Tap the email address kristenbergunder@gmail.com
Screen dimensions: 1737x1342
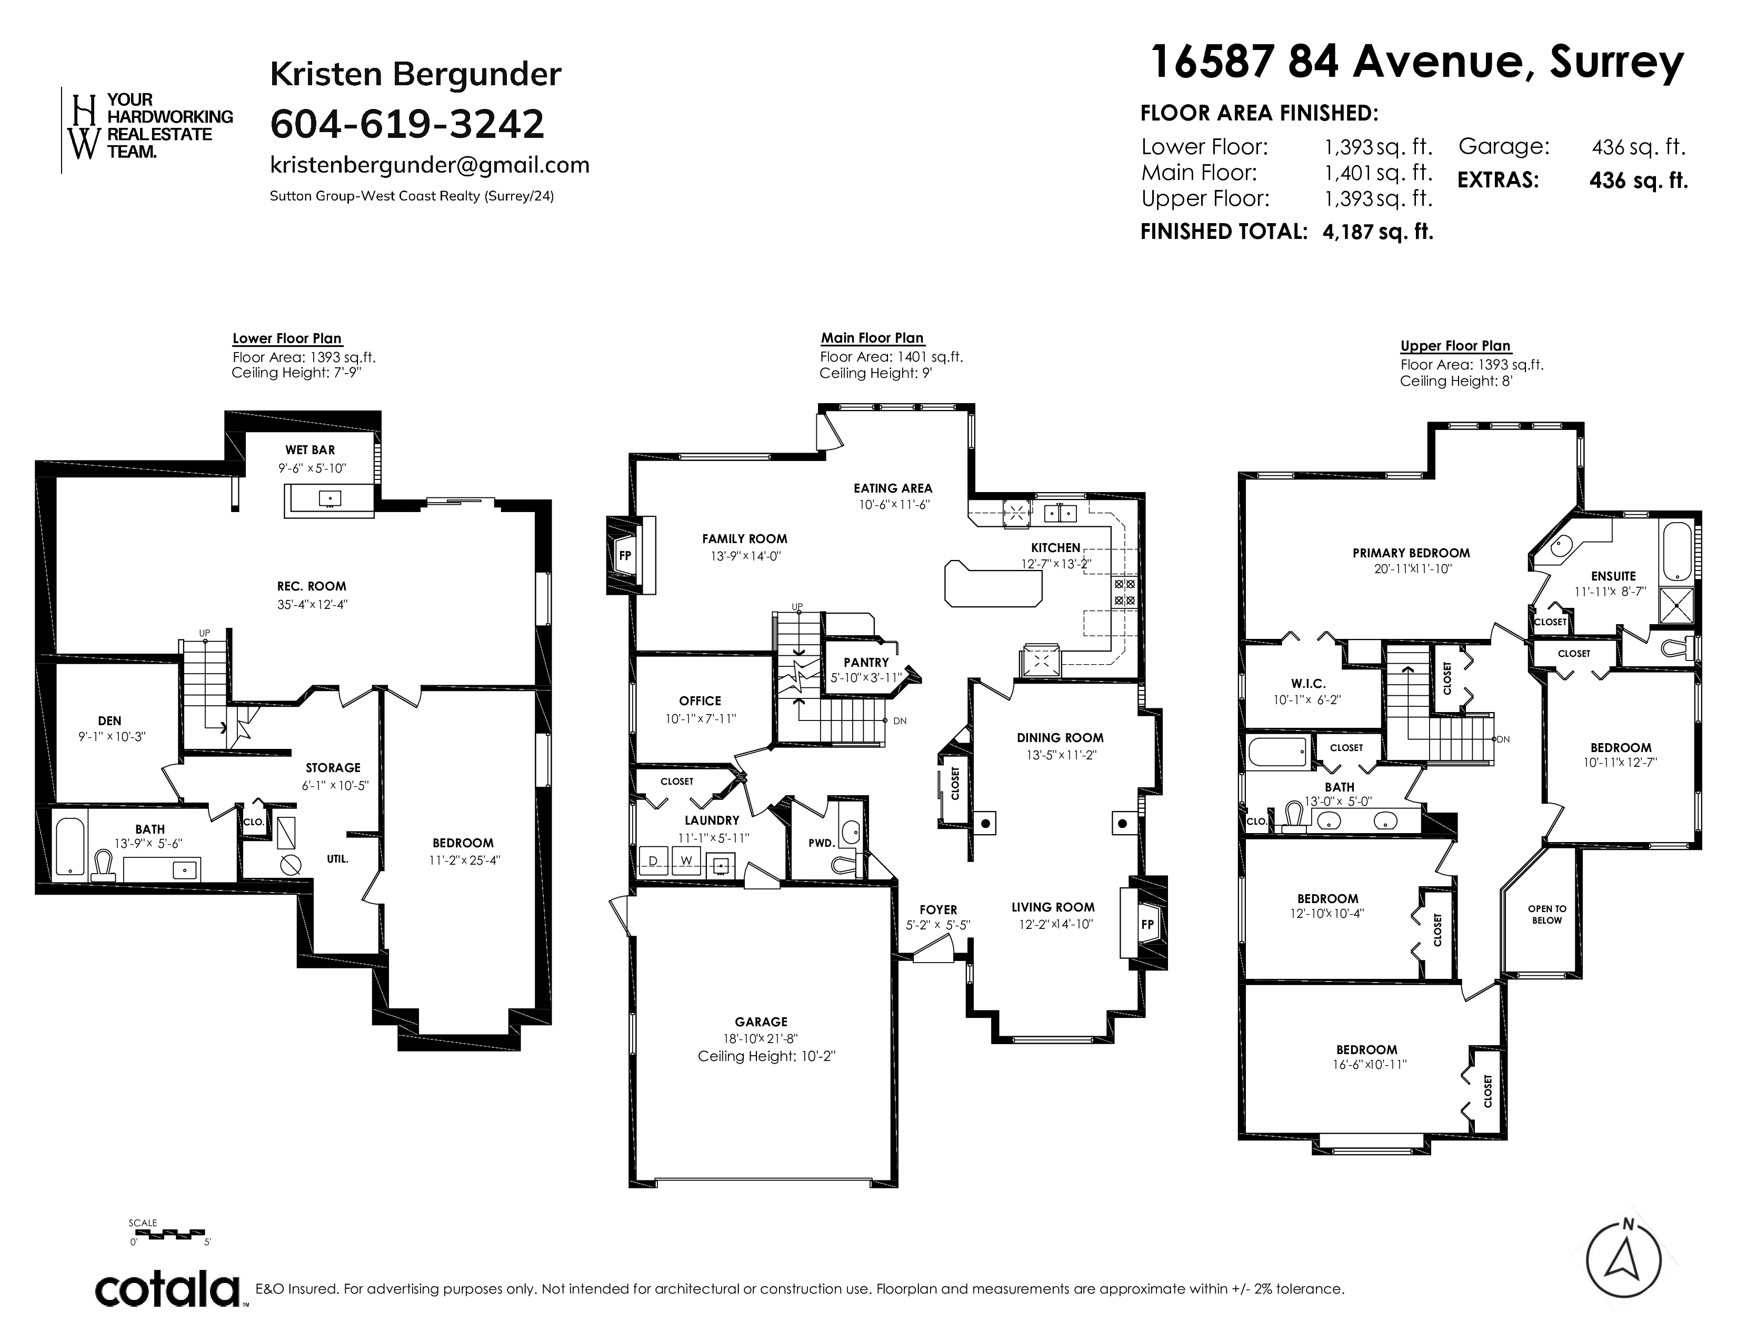430,165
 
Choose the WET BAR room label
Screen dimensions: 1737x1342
310,450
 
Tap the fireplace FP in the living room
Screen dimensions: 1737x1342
1147,925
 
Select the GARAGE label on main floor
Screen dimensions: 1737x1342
761,1021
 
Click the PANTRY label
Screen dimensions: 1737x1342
866,662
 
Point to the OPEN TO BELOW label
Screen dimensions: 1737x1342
1547,914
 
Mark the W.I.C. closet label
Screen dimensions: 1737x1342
1309,684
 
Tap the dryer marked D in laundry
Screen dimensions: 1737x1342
654,861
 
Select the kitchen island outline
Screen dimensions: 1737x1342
993,583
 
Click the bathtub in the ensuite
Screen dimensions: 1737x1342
1676,551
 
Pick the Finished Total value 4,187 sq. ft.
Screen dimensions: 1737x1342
1377,232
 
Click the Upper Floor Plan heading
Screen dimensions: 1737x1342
1455,346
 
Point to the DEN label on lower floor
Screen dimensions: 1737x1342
110,721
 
